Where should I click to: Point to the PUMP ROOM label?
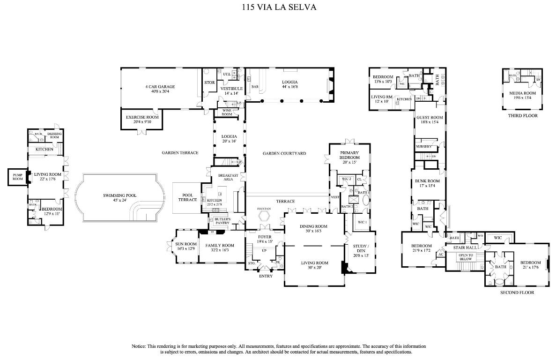point(17,177)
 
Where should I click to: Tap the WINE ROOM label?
point(227,112)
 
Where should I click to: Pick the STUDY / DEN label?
point(361,248)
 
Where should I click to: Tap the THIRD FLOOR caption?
point(522,116)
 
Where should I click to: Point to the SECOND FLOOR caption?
point(517,292)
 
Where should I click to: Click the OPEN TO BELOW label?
point(465,256)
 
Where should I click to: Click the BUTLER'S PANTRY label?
point(222,221)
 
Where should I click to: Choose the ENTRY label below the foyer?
point(266,276)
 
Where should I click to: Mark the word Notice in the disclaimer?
point(139,346)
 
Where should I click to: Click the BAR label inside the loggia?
point(255,87)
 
